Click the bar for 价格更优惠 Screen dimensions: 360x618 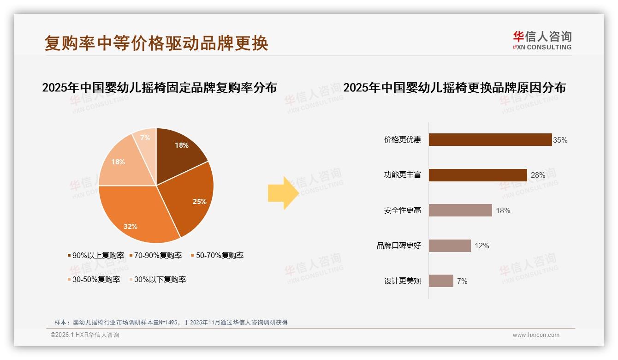pos(490,140)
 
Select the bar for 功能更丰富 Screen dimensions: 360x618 pos(477,175)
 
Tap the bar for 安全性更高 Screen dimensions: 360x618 pos(460,210)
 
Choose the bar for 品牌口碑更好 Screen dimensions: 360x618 pos(449,246)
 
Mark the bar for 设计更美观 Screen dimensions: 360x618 pos(440,281)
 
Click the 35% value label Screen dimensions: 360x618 pos(560,140)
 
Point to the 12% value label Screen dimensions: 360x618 pos(482,246)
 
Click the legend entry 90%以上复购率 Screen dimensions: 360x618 pos(95,255)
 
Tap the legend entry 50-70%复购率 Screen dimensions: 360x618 pos(217,255)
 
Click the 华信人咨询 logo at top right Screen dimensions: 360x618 pos(542,40)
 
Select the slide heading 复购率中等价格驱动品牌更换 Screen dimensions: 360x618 pos(156,43)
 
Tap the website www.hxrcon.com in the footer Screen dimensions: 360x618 pos(536,335)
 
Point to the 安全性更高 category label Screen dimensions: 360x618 pos(402,210)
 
